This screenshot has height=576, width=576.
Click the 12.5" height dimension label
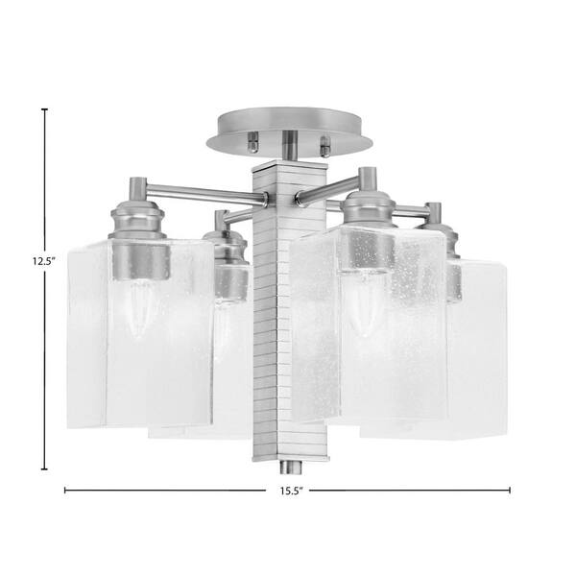(43, 261)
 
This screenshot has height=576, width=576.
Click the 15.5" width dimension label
(291, 491)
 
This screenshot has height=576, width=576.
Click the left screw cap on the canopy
(252, 142)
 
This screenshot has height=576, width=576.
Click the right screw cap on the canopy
(325, 146)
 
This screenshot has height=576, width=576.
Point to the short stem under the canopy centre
(290, 145)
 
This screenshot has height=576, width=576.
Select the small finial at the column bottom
(291, 468)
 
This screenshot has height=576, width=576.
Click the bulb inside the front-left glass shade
(138, 308)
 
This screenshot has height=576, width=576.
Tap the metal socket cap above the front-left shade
(137, 220)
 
